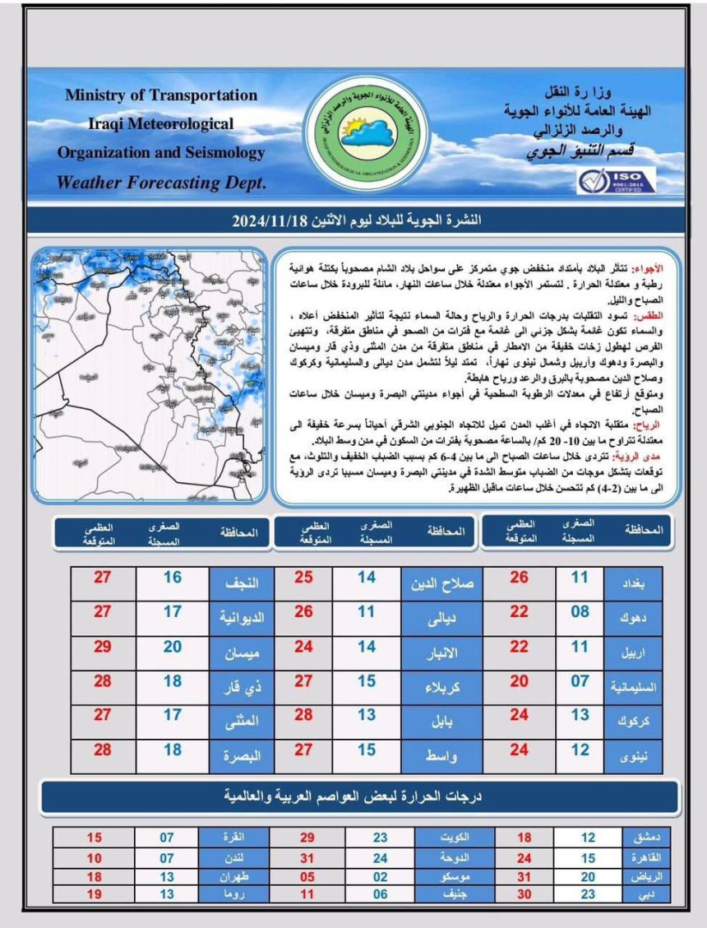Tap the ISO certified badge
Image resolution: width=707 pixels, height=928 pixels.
pyautogui.click(x=616, y=180)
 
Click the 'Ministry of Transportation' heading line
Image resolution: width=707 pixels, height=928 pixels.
pyautogui.click(x=161, y=95)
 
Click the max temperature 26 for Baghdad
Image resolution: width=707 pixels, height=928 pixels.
pyautogui.click(x=519, y=578)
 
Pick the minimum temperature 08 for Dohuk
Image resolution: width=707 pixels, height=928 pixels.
pyautogui.click(x=580, y=613)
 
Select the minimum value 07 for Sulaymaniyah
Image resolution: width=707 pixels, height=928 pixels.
pyautogui.click(x=580, y=681)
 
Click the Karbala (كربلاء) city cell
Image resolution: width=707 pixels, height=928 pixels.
pyautogui.click(x=442, y=683)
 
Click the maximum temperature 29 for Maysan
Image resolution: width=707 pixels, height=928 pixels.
pyautogui.click(x=102, y=647)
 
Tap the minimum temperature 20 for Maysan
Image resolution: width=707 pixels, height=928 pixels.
pyautogui.click(x=172, y=647)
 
